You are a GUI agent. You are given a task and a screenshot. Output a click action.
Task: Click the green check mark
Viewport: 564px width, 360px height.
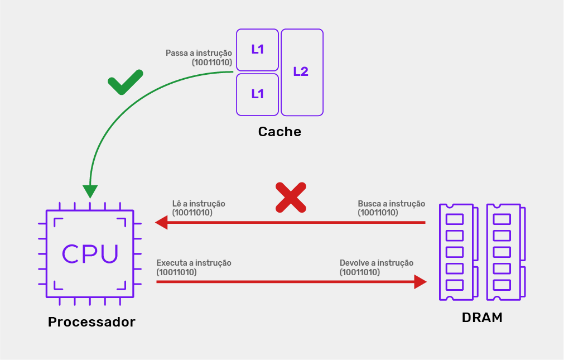[x=125, y=83]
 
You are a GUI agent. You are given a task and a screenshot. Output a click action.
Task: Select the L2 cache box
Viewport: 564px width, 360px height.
[x=302, y=72]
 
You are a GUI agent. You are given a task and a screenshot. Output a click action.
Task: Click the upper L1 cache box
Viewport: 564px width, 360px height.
[x=257, y=50]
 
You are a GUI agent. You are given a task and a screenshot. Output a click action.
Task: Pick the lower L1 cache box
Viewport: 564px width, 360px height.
[x=257, y=94]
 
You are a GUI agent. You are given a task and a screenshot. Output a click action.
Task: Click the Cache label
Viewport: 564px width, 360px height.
[x=279, y=132]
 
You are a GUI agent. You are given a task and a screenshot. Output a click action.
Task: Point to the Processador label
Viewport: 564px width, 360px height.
[x=91, y=322]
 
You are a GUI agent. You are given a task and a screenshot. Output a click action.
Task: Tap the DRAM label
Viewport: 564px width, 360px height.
[x=482, y=318]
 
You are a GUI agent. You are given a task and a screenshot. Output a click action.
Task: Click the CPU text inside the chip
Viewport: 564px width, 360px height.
[x=90, y=253]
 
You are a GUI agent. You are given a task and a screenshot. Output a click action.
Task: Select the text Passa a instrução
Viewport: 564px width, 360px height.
[x=199, y=53]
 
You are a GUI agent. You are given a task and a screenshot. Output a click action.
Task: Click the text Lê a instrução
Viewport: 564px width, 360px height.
[x=199, y=204]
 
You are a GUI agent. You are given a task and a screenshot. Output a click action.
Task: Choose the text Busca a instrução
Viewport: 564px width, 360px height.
[x=391, y=204]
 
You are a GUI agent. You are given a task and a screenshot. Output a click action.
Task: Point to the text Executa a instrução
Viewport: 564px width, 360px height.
[x=194, y=262]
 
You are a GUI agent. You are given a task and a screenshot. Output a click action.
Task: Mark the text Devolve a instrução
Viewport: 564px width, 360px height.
[x=377, y=262]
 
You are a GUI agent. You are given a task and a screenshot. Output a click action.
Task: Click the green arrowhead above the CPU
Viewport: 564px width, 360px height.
[x=90, y=191]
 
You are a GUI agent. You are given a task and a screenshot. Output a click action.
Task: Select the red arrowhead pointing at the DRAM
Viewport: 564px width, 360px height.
[x=420, y=281]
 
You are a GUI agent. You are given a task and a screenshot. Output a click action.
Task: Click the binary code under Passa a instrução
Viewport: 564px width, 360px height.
[x=212, y=63]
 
